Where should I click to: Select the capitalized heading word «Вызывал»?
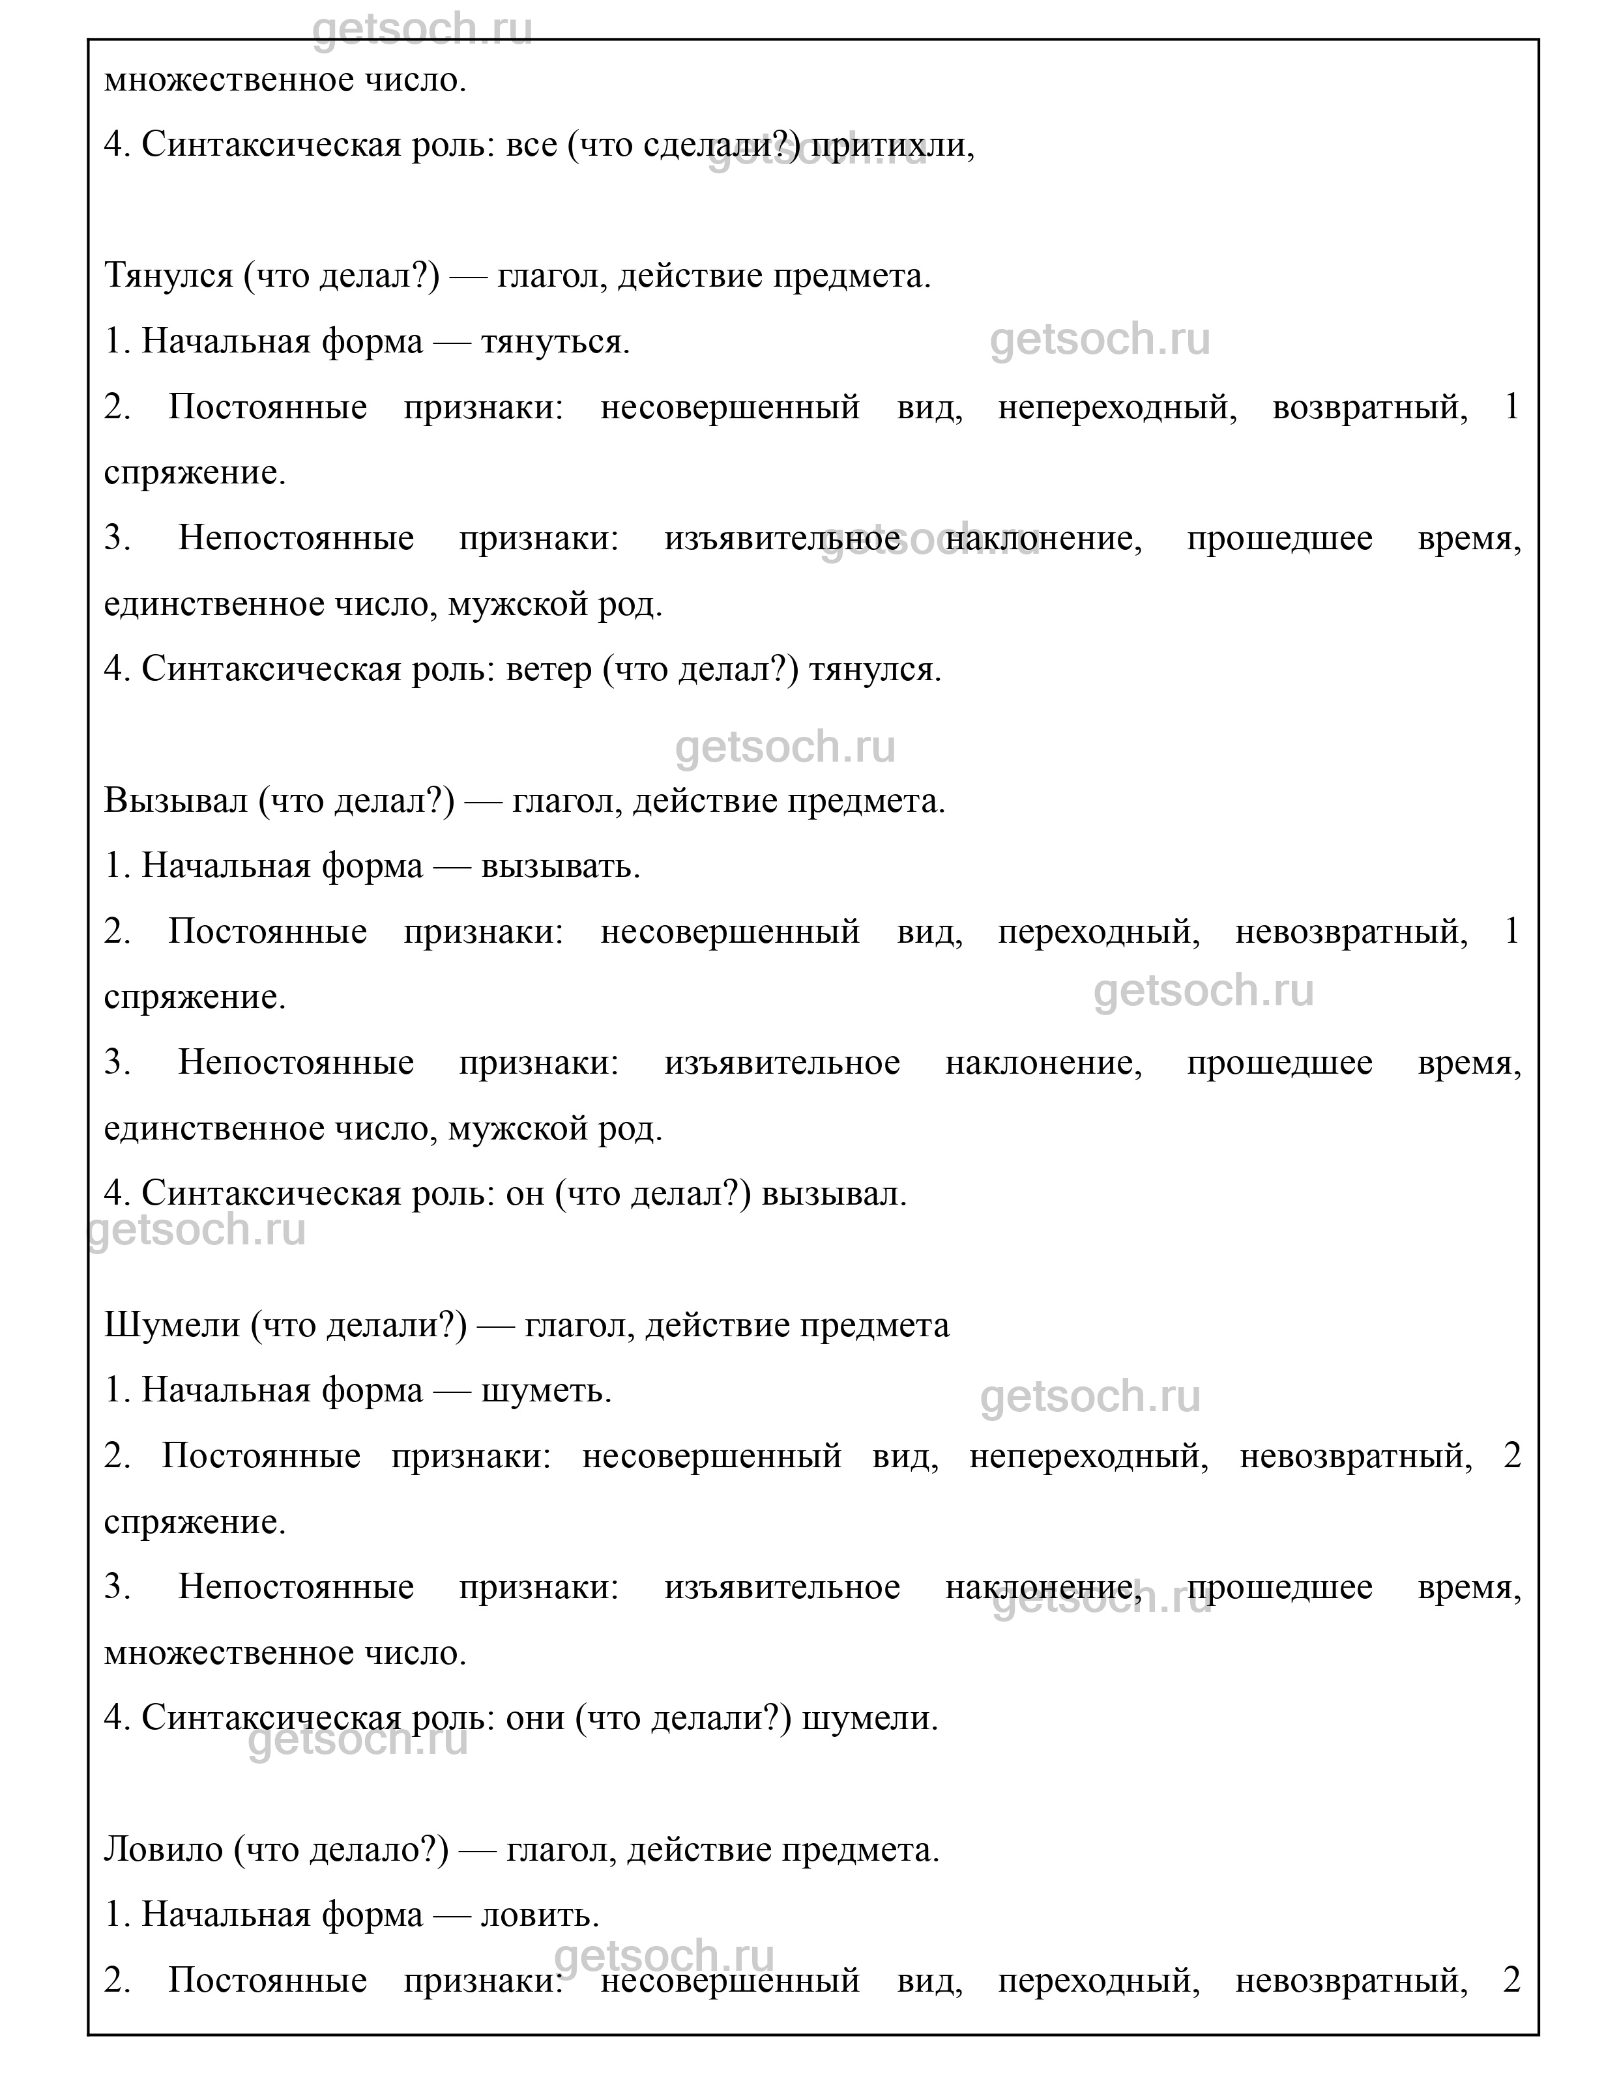click(175, 800)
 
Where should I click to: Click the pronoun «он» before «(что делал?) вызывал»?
click(524, 1194)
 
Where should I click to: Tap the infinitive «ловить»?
click(540, 1915)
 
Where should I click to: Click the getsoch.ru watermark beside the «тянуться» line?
click(1100, 340)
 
